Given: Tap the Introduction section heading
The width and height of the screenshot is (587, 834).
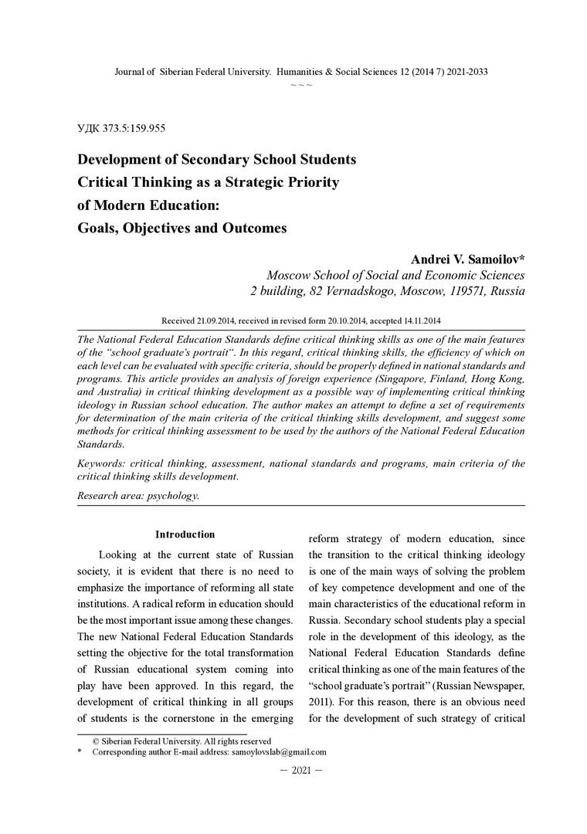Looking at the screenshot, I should [185, 534].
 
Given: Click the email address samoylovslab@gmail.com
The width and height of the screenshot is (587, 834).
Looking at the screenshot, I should [279, 751].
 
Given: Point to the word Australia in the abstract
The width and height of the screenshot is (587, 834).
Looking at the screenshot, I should [121, 391].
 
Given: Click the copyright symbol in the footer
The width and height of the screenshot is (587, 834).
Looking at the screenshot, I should [97, 740].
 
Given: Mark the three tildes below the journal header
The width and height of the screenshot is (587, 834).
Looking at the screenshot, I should [301, 84].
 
